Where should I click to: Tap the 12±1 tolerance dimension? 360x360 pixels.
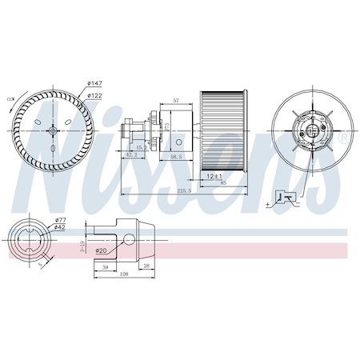pyautogui.click(x=213, y=175)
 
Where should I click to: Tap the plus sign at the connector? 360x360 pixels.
pyautogui.click(x=266, y=206)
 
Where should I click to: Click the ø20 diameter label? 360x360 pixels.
pyautogui.click(x=102, y=250)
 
